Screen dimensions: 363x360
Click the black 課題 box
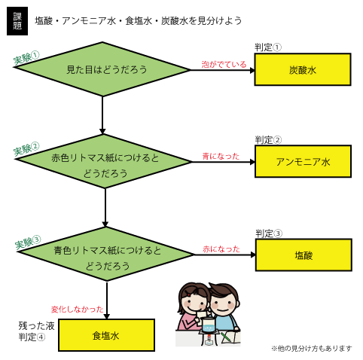click(17, 21)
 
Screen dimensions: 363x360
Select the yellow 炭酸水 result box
click(303, 69)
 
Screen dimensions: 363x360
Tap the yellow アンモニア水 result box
click(303, 161)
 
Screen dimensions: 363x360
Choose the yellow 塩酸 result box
click(304, 255)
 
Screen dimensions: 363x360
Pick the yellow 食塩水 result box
click(106, 335)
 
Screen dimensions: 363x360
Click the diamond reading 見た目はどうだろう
click(102, 69)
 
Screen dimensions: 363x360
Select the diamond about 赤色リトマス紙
click(103, 161)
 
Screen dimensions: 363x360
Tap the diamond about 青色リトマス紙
click(105, 254)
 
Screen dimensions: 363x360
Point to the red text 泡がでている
click(224, 65)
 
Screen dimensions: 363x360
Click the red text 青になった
click(221, 157)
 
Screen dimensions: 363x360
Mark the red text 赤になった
click(221, 249)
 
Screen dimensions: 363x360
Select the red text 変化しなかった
click(78, 309)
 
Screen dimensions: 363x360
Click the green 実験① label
click(26, 58)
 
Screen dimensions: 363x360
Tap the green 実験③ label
click(28, 243)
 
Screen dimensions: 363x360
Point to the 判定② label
click(268, 140)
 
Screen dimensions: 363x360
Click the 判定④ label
click(32, 337)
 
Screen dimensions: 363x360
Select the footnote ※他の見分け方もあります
click(312, 349)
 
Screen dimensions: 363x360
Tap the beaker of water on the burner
click(209, 325)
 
